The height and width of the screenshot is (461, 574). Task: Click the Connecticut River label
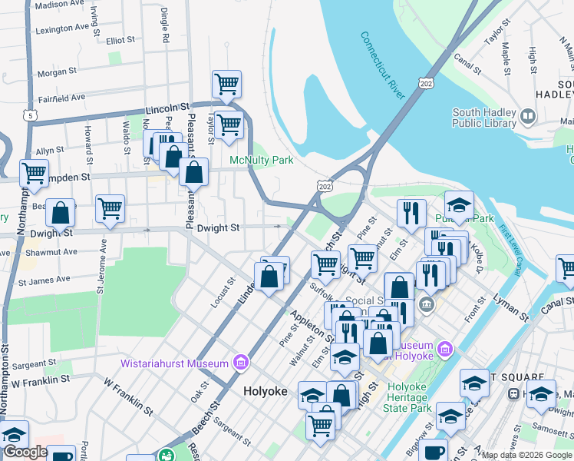pos(382,65)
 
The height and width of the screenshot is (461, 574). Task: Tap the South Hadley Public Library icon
pos(527,117)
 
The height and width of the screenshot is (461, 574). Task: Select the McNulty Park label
pos(262,161)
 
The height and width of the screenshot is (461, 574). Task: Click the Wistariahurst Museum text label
pos(174,363)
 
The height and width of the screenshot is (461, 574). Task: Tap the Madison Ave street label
pos(59,5)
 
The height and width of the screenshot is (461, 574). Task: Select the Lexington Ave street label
pos(64,29)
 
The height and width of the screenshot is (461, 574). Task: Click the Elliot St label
pos(120,39)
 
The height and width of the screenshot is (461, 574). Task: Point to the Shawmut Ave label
pos(49,252)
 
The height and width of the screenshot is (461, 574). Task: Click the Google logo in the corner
pos(25,452)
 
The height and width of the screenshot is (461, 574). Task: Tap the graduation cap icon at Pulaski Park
pos(459,205)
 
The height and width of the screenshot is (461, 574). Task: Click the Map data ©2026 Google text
pos(525,454)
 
